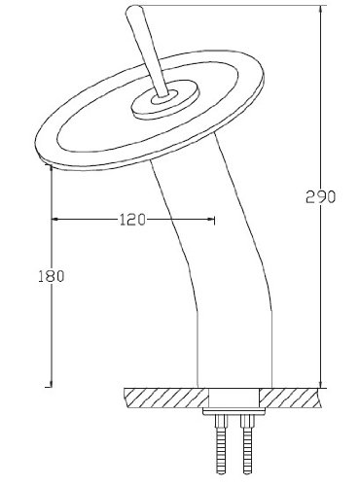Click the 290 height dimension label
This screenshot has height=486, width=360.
[x=320, y=197]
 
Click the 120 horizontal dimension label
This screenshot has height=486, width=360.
[x=132, y=220]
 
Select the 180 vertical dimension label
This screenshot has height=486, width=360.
[x=52, y=276]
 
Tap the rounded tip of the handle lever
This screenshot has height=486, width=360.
[x=133, y=9]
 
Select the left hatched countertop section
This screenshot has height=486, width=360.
[x=166, y=398]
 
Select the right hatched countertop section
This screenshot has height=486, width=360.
[x=290, y=398]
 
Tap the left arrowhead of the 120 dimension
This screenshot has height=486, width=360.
[x=55, y=220]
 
